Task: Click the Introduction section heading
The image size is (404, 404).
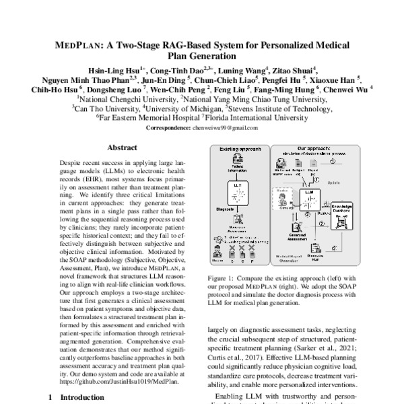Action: tap(75, 398)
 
